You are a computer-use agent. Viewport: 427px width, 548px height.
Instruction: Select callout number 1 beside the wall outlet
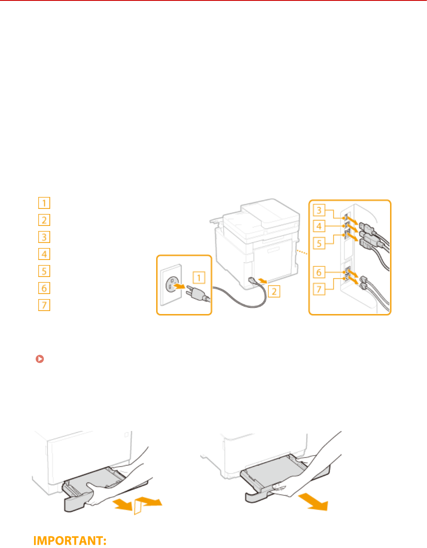[199, 278]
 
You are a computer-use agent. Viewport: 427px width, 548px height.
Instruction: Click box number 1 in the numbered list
[44, 203]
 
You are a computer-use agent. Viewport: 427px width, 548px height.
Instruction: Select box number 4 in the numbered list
[44, 254]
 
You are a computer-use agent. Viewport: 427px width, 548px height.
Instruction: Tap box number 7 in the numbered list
[44, 305]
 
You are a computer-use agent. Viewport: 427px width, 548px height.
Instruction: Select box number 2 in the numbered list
[44, 220]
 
